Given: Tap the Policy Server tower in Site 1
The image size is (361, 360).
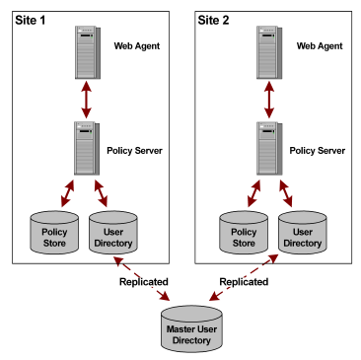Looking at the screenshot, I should [86, 149].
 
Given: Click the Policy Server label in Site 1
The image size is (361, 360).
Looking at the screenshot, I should [134, 150].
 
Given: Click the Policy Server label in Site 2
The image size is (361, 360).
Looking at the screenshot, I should [318, 150].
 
